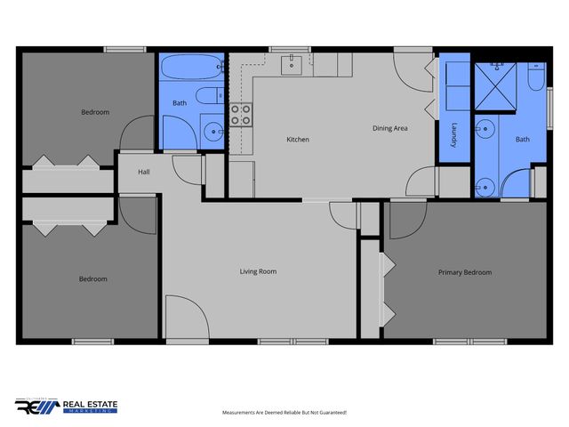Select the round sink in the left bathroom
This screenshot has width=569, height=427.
pyautogui.click(x=213, y=132)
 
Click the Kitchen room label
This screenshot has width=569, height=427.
pyautogui.click(x=297, y=140)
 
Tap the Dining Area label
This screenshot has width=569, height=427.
pyautogui.click(x=389, y=129)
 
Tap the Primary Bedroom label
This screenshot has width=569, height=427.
pyautogui.click(x=464, y=273)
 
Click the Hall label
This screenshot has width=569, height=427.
pyautogui.click(x=143, y=173)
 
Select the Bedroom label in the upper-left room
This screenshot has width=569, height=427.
pyautogui.click(x=95, y=112)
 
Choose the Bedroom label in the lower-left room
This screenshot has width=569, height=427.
pyautogui.click(x=92, y=279)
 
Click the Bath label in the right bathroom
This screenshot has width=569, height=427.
pyautogui.click(x=522, y=140)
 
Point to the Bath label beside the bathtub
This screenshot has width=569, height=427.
pyautogui.click(x=180, y=103)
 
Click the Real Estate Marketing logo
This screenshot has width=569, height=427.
pyautogui.click(x=67, y=406)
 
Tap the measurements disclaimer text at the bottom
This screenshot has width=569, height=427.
pyautogui.click(x=284, y=413)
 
